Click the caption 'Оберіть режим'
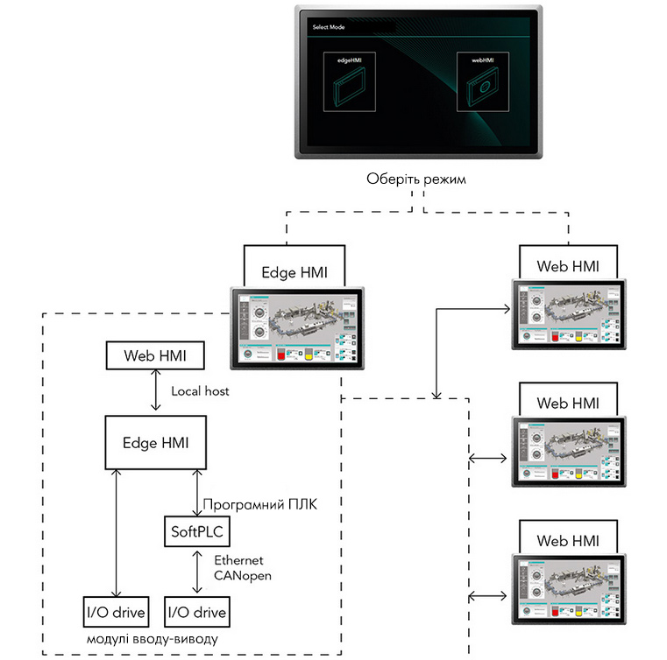pyautogui.click(x=415, y=181)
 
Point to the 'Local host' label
pyautogui.click(x=200, y=391)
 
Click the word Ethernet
pyautogui.click(x=238, y=560)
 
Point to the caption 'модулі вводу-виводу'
pyautogui.click(x=153, y=640)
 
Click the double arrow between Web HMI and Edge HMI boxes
pyautogui.click(x=156, y=391)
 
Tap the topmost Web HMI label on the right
pyautogui.click(x=568, y=265)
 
